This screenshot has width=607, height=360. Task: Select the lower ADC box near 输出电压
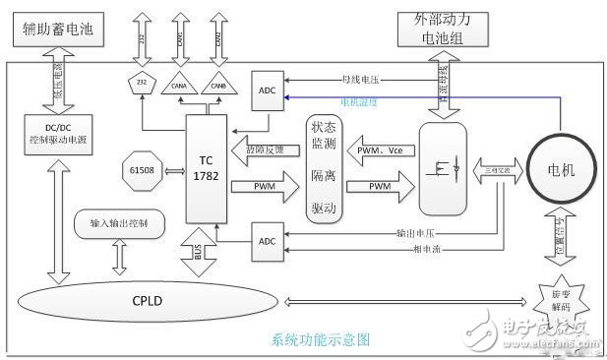268,240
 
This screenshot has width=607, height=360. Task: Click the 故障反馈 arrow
264,149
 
